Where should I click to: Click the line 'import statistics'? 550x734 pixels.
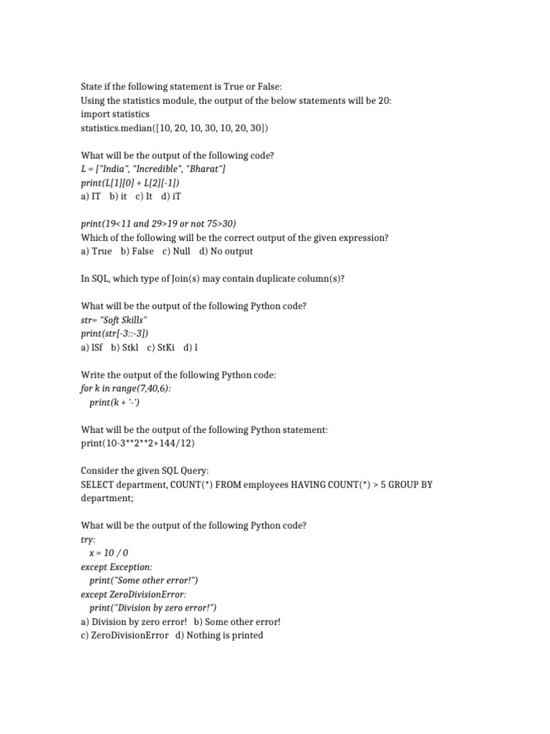(115, 114)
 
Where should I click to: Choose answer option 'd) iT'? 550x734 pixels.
(176, 196)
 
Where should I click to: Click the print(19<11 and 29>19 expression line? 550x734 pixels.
(158, 224)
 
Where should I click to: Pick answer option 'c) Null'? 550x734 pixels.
(176, 252)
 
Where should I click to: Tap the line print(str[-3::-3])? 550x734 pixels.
(115, 333)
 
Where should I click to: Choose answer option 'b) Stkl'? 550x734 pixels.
(125, 348)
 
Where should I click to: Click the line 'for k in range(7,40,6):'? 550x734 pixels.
(126, 389)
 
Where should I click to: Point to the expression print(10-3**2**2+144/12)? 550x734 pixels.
(138, 444)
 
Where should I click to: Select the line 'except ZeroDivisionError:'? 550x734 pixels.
(134, 594)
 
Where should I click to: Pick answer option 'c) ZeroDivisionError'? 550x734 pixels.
(125, 635)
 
